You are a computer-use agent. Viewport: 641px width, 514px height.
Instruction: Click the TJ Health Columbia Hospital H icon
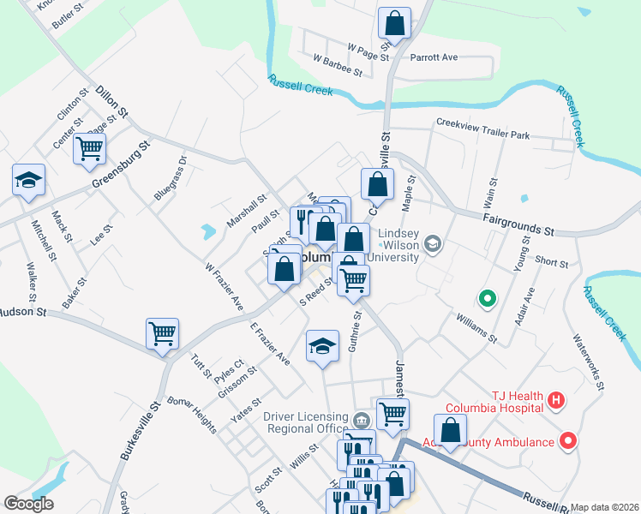556,400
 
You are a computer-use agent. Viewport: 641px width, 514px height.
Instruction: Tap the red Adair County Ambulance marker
567,441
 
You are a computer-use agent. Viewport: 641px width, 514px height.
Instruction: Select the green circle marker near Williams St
488,299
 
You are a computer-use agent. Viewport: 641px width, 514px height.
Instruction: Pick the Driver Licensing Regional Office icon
361,420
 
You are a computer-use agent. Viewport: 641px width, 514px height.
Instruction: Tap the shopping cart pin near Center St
89,149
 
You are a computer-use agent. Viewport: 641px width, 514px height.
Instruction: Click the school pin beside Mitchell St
29,180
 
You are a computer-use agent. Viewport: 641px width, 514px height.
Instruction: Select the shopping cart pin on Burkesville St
162,333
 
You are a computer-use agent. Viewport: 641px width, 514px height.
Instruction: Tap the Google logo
28,504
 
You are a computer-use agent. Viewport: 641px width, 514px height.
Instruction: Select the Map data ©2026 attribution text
605,507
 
